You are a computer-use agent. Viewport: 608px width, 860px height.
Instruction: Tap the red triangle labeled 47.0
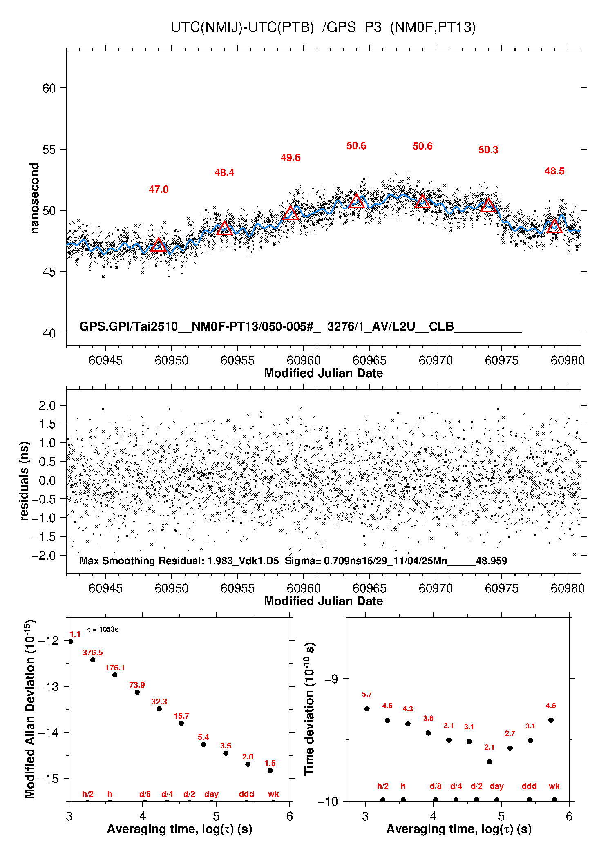click(159, 246)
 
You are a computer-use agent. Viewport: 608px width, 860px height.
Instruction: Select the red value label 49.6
click(291, 158)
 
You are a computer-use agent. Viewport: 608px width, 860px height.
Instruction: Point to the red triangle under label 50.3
click(489, 205)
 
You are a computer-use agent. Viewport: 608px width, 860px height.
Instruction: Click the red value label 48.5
click(554, 171)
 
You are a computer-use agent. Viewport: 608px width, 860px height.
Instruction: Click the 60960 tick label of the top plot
click(304, 360)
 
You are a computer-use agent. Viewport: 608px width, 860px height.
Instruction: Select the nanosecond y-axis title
click(34, 198)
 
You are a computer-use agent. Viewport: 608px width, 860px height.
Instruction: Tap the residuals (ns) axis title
click(25, 481)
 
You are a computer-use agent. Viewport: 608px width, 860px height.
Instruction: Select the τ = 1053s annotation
click(103, 629)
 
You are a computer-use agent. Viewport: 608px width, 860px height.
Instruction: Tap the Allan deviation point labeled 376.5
click(93, 660)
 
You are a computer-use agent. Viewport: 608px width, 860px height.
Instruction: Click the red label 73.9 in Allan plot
click(137, 685)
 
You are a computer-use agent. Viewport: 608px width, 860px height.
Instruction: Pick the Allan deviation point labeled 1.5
click(270, 771)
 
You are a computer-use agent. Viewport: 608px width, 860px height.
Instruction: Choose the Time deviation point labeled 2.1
click(490, 762)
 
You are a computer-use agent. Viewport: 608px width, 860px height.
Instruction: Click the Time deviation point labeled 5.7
click(367, 709)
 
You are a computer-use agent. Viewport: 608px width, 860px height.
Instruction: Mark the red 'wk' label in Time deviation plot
click(554, 786)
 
